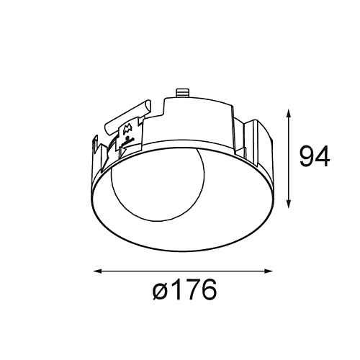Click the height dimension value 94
click(x=315, y=157)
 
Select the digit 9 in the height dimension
click(x=307, y=157)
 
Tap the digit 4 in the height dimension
click(x=323, y=157)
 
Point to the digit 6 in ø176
click(x=209, y=289)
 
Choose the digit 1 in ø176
click(x=177, y=289)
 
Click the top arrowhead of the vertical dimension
click(x=289, y=113)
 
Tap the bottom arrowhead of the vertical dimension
click(x=289, y=204)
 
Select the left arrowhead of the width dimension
click(x=98, y=271)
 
